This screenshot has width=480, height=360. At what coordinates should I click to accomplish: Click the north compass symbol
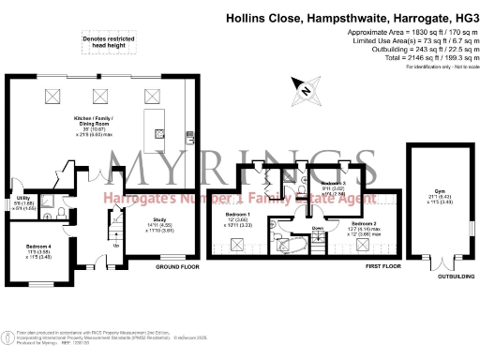coord(305,90)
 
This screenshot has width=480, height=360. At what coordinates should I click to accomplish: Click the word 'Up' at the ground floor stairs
coord(115,247)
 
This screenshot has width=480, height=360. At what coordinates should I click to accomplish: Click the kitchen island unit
coord(152,125)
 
